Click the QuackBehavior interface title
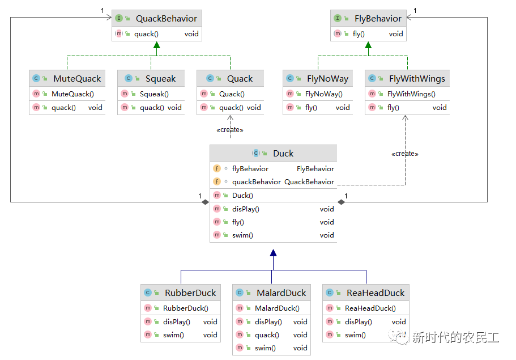166,19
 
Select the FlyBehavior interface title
378,19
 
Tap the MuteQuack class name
77,79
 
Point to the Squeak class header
161,79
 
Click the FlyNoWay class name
327,79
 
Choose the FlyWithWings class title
417,79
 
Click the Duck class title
283,154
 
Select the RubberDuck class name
190,293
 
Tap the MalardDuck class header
282,293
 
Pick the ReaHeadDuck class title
376,293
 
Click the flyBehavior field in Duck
250,168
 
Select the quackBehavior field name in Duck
257,182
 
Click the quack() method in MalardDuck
267,335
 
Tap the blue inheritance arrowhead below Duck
273,253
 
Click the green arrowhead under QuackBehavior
157,45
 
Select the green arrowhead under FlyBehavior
368,45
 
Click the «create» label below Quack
230,130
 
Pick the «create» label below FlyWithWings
405,154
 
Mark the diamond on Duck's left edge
206,202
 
